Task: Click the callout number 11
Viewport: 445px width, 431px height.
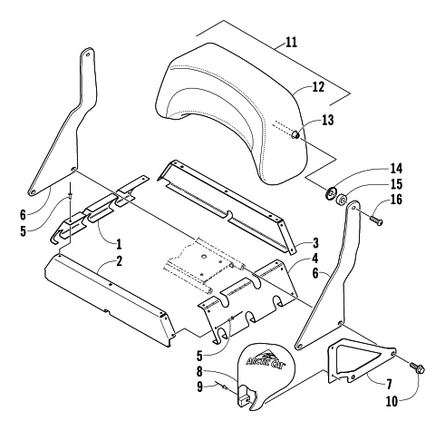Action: point(291,43)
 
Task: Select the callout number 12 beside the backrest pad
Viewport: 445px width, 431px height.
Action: point(318,87)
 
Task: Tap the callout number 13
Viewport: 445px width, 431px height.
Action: point(328,120)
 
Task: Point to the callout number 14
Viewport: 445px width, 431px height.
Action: point(396,169)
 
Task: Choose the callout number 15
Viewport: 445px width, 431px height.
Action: point(396,184)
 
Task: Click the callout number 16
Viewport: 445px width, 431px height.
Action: point(396,200)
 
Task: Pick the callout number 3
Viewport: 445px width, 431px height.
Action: point(315,242)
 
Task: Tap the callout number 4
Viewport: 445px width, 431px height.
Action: point(315,259)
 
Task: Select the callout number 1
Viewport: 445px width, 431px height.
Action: point(119,244)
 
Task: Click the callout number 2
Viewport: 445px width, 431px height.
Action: point(120,261)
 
